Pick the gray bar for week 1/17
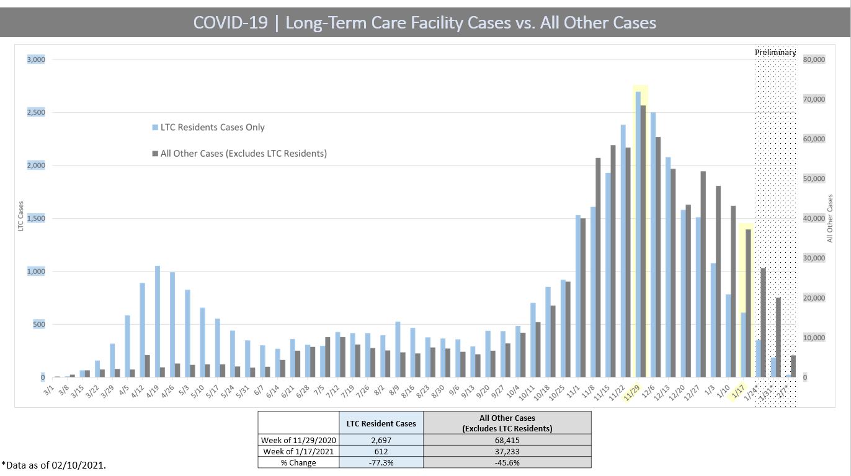[x=749, y=303]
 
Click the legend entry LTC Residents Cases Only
[x=212, y=127]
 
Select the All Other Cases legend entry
[x=243, y=153]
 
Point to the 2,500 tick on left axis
[x=35, y=112]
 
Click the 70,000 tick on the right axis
[x=814, y=99]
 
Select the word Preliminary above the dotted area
[x=775, y=53]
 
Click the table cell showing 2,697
[x=381, y=440]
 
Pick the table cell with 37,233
[x=507, y=451]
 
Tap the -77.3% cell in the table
[x=381, y=462]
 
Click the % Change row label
[x=298, y=462]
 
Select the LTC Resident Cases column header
[x=381, y=423]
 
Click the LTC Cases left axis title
[x=20, y=216]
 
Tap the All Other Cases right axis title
[x=830, y=218]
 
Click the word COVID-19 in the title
[x=231, y=23]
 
